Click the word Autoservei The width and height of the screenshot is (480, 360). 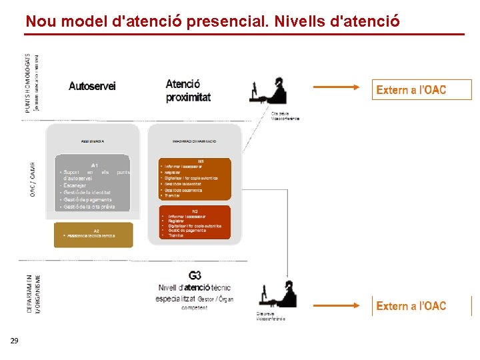(x=92, y=86)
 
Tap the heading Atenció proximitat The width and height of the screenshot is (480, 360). (x=188, y=90)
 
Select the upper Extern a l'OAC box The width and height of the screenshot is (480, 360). (x=421, y=90)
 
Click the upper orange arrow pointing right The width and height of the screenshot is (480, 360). (x=338, y=87)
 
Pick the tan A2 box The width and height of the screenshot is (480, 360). (x=93, y=235)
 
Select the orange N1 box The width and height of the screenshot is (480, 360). (x=195, y=179)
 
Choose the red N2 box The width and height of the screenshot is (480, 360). (x=195, y=223)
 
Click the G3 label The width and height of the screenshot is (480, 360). (x=195, y=275)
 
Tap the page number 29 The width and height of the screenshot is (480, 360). (x=14, y=341)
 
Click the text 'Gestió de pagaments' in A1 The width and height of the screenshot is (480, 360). (x=87, y=199)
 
